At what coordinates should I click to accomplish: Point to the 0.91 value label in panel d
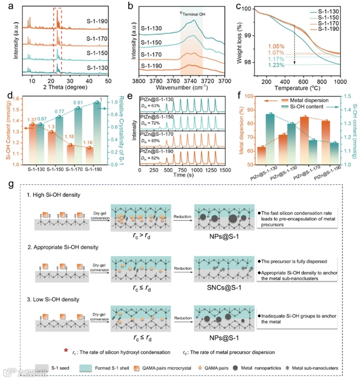coord(78,102)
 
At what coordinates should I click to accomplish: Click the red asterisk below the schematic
coord(65,350)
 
